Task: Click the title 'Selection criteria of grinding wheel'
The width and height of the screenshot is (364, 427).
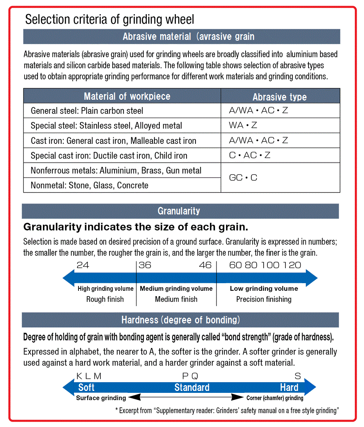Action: point(110,19)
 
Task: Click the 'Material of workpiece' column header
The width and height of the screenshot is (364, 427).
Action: point(127,96)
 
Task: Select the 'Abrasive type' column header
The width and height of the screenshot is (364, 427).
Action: point(280,97)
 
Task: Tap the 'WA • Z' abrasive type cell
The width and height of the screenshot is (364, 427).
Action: point(243,125)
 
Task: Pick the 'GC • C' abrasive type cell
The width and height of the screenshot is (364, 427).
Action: point(243,178)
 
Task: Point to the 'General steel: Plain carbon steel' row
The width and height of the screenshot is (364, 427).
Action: point(87,111)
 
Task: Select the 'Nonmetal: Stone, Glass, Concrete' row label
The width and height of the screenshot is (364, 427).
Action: point(89,185)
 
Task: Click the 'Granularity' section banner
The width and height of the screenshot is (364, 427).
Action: point(179,211)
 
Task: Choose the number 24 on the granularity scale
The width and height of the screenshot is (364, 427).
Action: point(83,265)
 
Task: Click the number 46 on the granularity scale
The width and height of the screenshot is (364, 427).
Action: point(205,265)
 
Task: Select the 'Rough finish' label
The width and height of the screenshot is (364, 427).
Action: point(105,299)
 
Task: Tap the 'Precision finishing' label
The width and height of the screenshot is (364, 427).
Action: point(264,299)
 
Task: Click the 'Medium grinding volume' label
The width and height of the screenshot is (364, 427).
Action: point(176,289)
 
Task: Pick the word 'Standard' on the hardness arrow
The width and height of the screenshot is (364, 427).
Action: point(192,387)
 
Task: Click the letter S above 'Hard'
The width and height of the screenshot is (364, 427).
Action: point(298,376)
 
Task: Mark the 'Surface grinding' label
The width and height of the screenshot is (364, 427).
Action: point(101,398)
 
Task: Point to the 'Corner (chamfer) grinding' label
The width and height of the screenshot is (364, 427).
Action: point(275,398)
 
